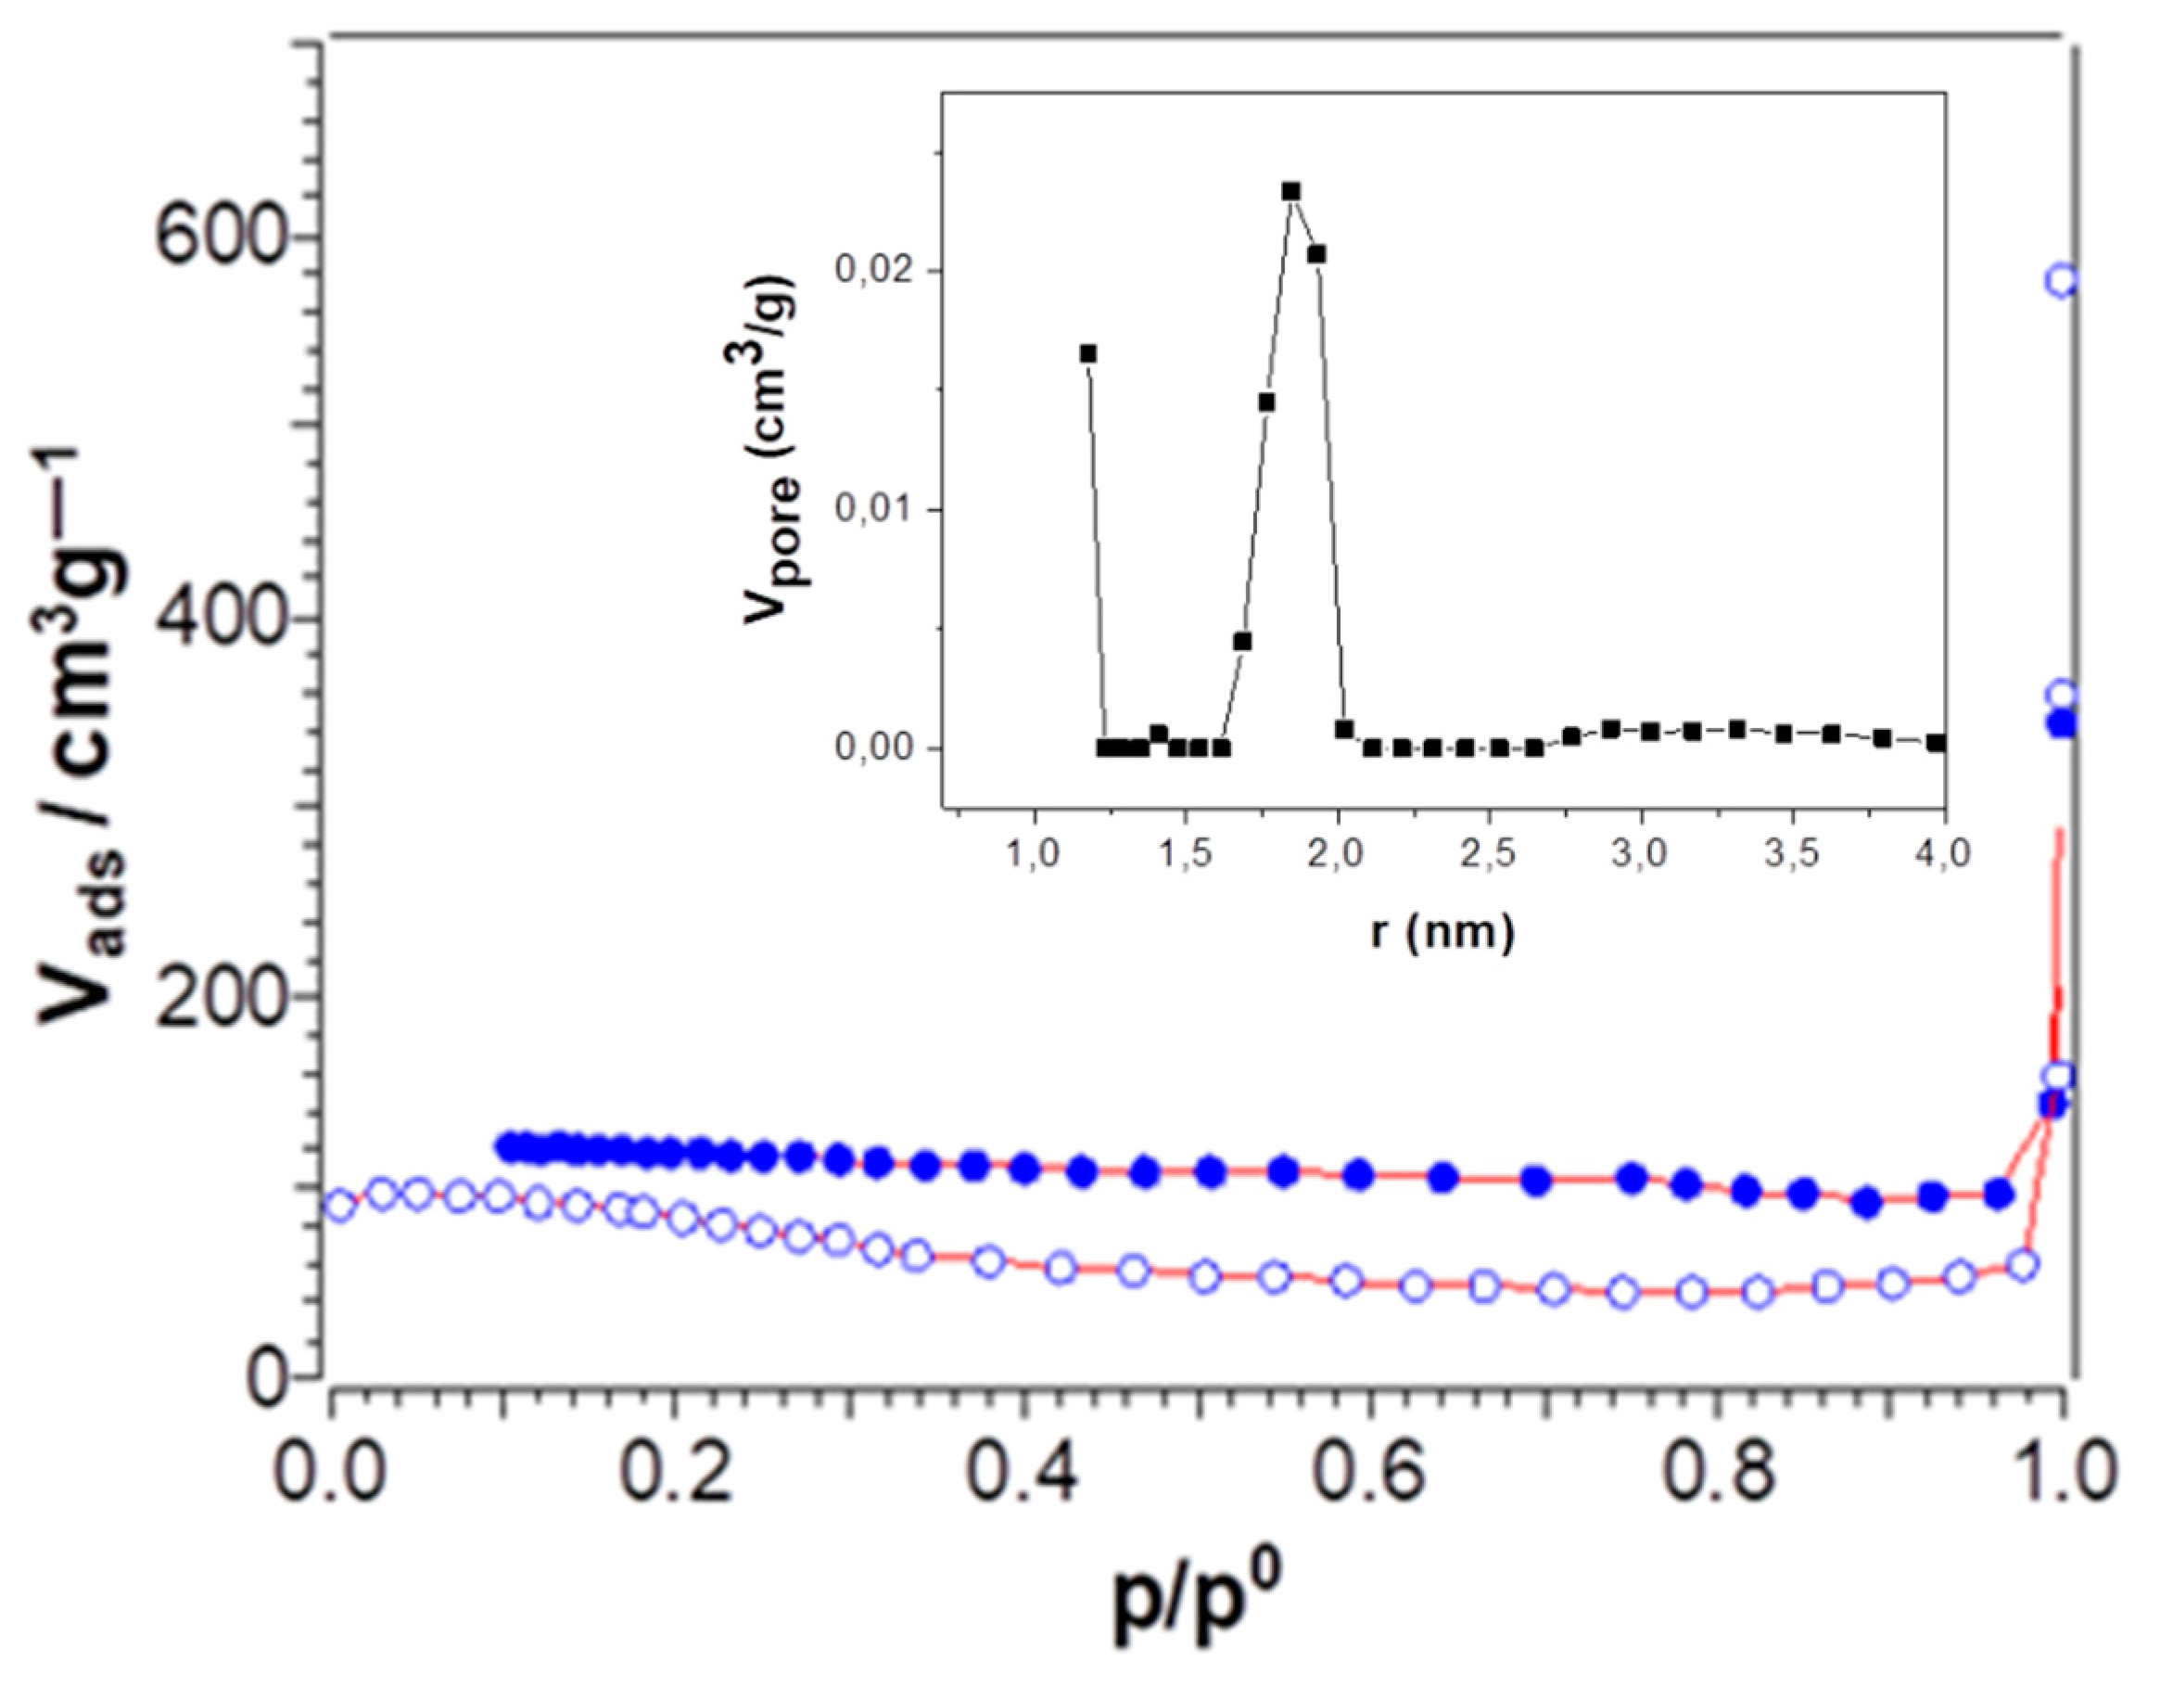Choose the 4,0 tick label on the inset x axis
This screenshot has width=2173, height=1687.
[x=1942, y=856]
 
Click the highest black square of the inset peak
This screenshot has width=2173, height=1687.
[x=1291, y=191]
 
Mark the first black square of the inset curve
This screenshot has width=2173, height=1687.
[x=1088, y=353]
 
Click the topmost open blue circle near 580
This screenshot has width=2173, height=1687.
[x=2061, y=281]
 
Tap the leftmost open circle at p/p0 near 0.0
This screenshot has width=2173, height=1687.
[x=339, y=1206]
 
